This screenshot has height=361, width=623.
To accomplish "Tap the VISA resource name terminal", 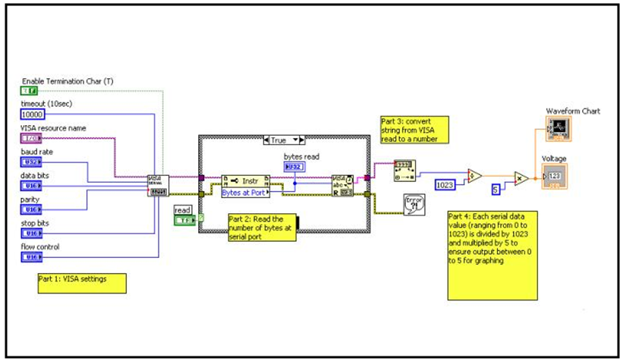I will [x=30, y=139].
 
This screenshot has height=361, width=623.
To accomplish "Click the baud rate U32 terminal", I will [x=30, y=162].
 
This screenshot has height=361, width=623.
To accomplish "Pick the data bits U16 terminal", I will [x=30, y=186].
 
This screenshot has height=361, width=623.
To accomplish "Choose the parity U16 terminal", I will [x=30, y=209].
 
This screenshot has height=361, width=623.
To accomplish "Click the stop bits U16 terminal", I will [x=30, y=234].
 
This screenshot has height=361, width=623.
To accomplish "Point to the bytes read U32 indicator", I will [x=294, y=167].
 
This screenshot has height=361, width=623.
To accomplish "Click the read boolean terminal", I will [x=184, y=220].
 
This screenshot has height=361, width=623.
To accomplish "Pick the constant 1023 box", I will [x=446, y=184].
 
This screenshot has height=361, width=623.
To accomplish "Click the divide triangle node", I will [x=476, y=177].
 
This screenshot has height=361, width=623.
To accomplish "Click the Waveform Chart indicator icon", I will [x=558, y=130].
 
